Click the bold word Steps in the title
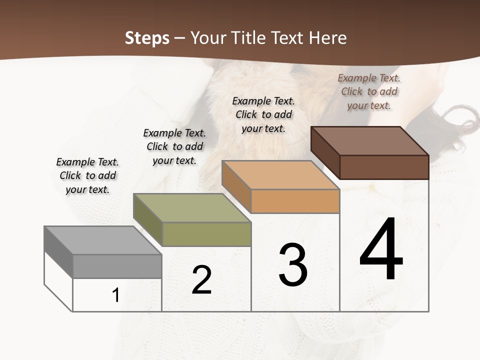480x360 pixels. point(147,38)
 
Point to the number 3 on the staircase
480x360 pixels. point(293,265)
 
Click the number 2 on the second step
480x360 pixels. point(201,280)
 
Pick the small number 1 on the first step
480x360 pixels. point(115,295)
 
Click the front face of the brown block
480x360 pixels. point(384,167)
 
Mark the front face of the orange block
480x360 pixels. point(295,201)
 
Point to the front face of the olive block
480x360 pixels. point(206,234)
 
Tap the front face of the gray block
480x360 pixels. point(117,266)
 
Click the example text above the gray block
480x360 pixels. point(87,175)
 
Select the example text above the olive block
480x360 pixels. point(174,146)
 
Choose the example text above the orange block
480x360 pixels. point(263,114)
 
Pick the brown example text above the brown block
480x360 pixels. point(369,91)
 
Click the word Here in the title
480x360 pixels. point(328,38)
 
